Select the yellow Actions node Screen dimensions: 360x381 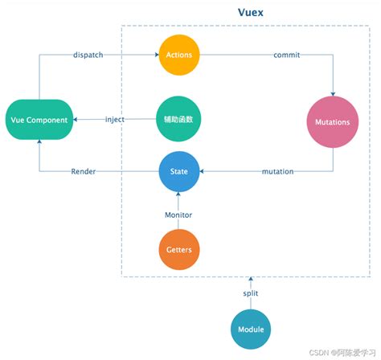[178, 55]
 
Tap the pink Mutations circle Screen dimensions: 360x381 [334, 122]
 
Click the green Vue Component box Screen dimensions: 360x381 [39, 119]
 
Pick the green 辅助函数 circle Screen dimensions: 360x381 [178, 119]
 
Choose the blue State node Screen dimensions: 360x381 [178, 170]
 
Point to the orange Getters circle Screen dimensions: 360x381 [178, 250]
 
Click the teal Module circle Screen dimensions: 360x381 [251, 329]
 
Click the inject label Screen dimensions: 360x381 [115, 120]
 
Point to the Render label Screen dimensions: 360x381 [84, 171]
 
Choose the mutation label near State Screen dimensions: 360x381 [277, 171]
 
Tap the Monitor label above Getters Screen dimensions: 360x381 [178, 215]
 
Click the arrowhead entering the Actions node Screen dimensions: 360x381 [155, 55]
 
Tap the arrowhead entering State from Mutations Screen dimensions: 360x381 [203, 171]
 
